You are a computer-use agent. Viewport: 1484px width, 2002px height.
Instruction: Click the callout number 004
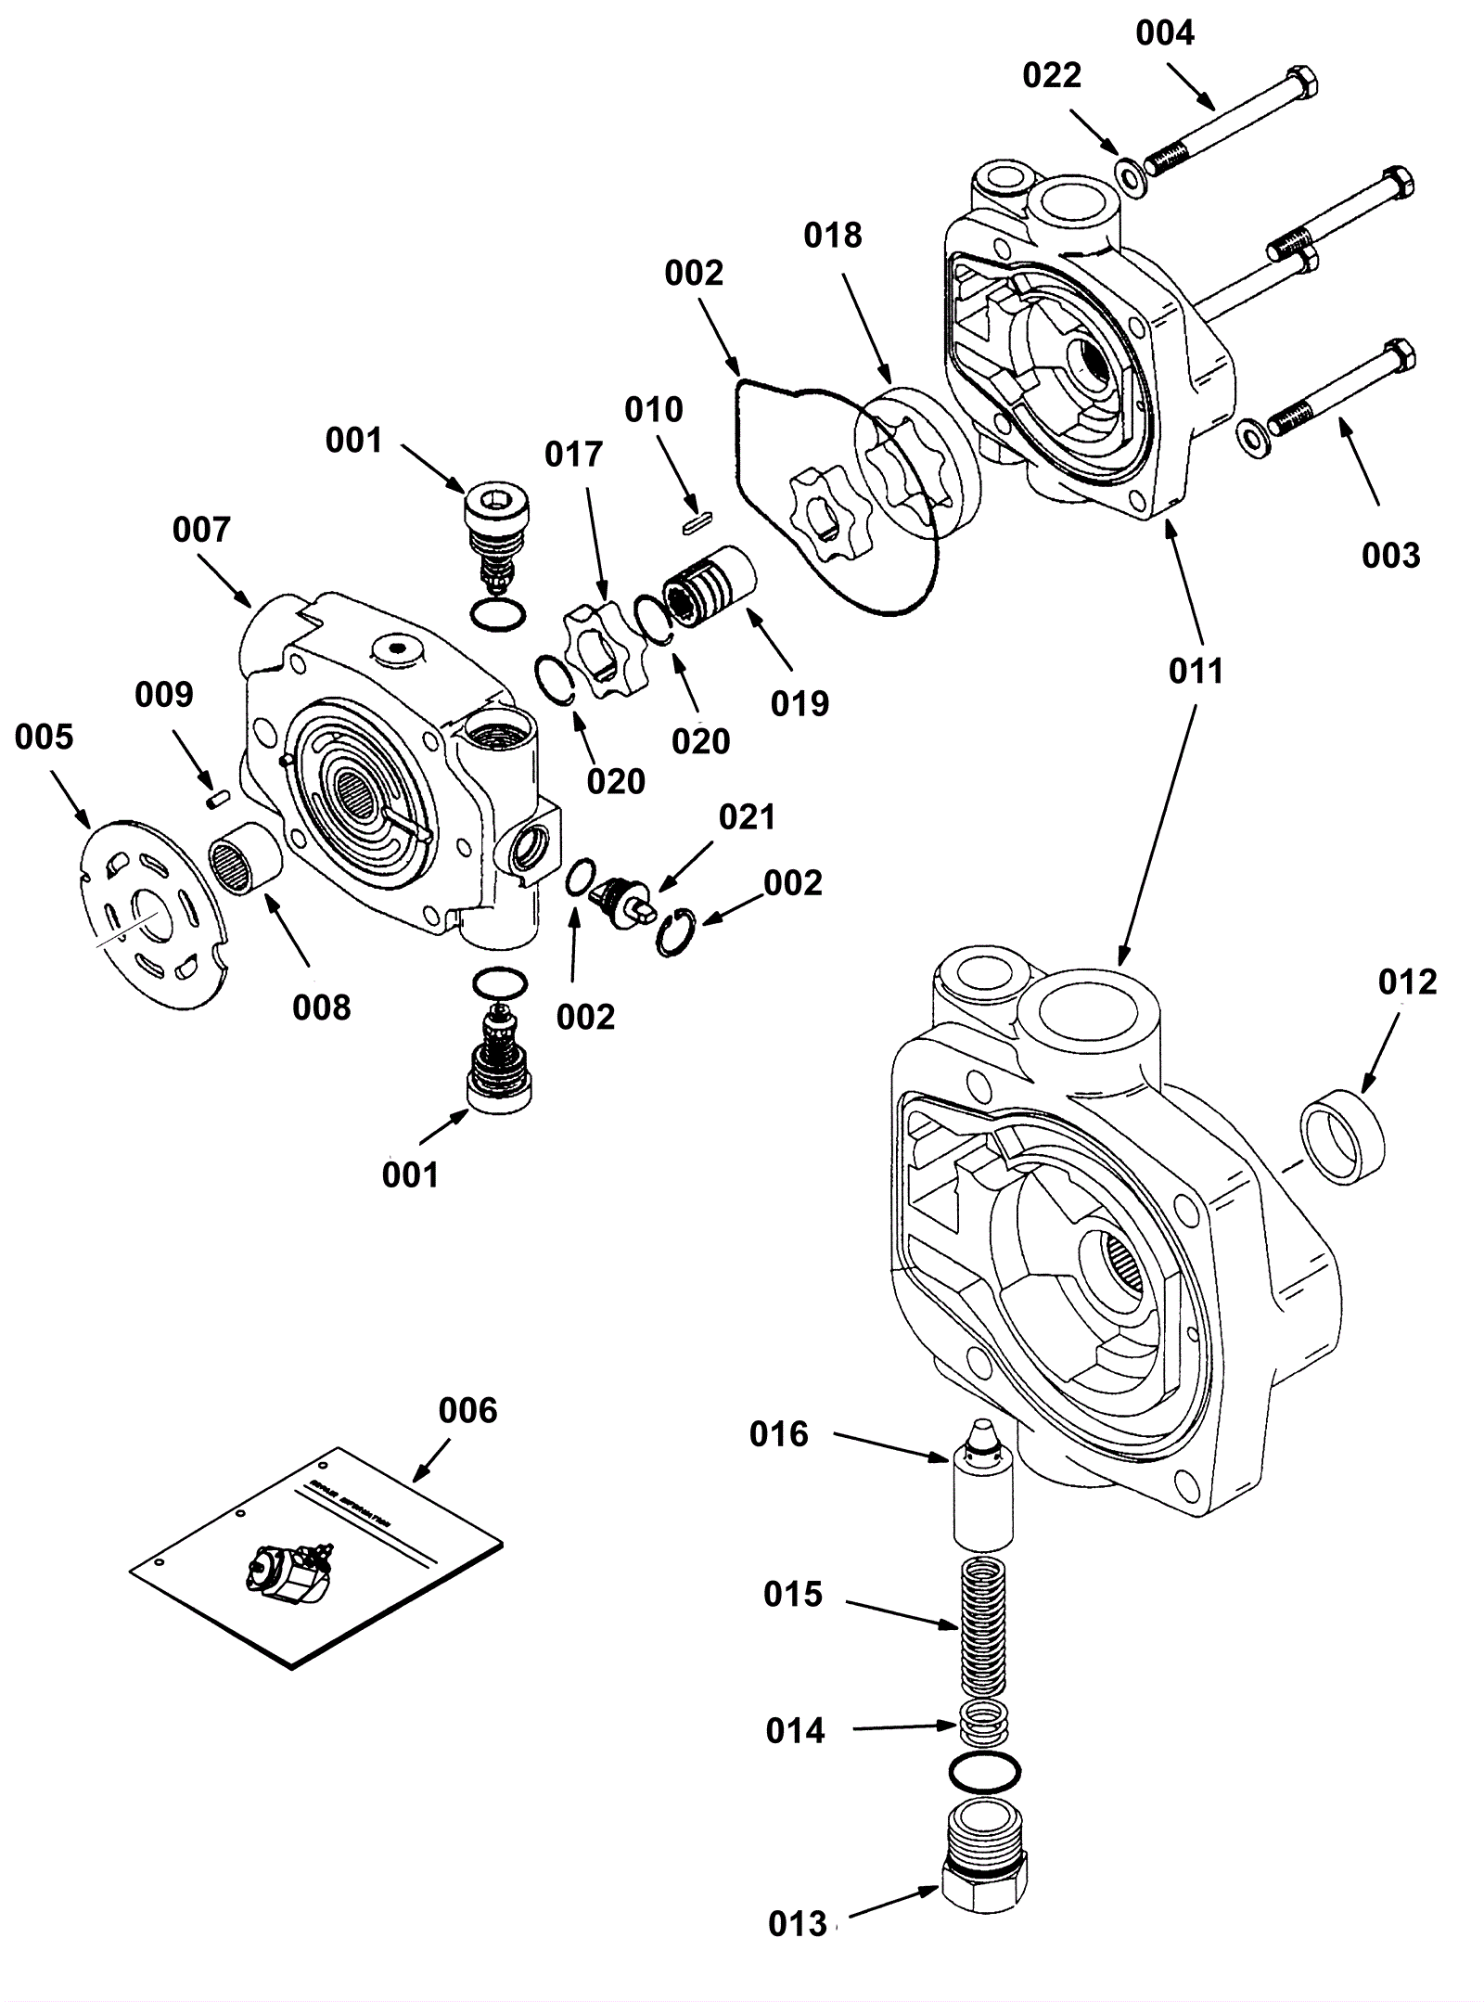(x=1165, y=34)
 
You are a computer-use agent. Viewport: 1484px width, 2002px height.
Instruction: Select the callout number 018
(x=833, y=236)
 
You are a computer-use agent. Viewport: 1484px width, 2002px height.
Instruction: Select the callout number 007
(x=201, y=531)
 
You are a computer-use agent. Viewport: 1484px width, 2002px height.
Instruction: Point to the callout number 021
(x=747, y=817)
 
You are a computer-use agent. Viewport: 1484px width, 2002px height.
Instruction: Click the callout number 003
(x=1390, y=556)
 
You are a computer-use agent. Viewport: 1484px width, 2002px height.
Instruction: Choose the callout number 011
(x=1196, y=671)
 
